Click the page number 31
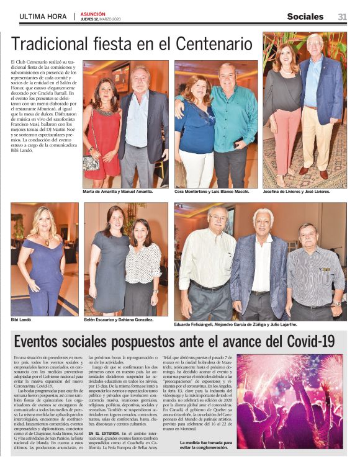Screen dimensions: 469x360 point(342,17)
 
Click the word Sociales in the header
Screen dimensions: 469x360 point(305,17)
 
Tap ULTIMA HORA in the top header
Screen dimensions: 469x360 point(43,17)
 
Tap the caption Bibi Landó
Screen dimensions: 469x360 point(21,319)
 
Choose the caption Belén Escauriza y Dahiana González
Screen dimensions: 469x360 point(119,319)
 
